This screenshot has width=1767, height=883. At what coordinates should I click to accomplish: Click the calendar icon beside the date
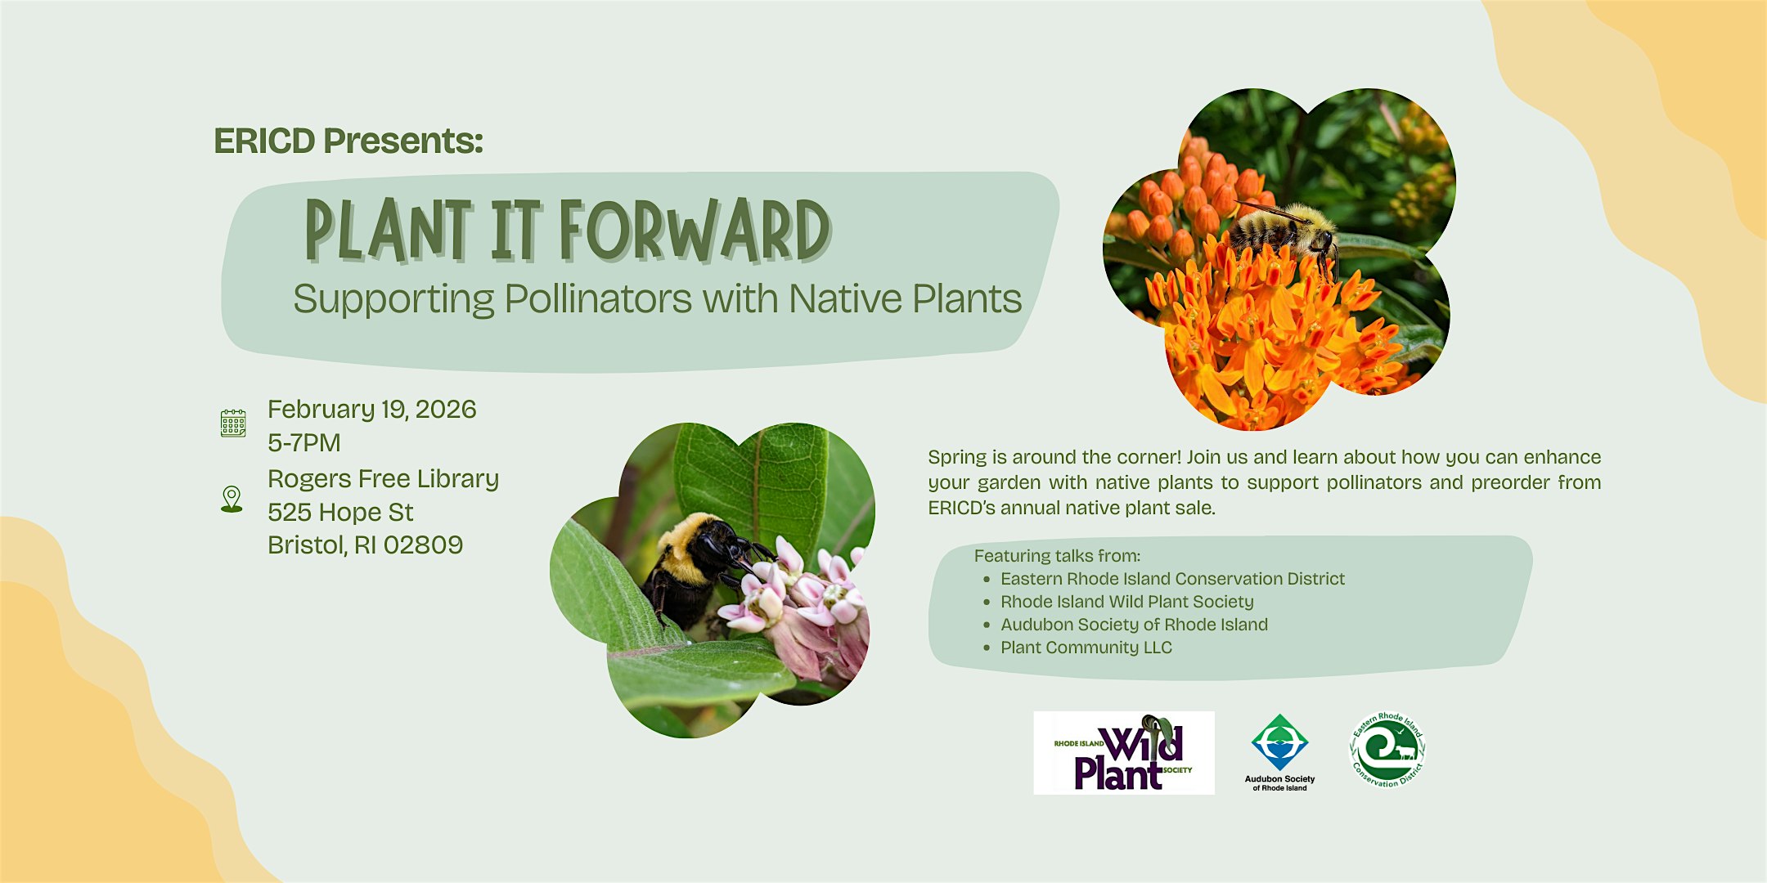pyautogui.click(x=233, y=423)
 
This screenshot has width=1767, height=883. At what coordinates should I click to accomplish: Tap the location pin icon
pyautogui.click(x=232, y=499)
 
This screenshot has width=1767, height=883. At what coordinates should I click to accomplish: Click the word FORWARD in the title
pyautogui.click(x=695, y=231)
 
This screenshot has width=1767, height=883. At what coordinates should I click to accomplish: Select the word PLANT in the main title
pyautogui.click(x=389, y=231)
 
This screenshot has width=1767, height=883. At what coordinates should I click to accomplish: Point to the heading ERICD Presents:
pyautogui.click(x=348, y=141)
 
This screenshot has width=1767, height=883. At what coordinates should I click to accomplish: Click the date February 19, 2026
pyautogui.click(x=372, y=409)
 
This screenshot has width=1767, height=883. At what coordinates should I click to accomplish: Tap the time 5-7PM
pyautogui.click(x=304, y=442)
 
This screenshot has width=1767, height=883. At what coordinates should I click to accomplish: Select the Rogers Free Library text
pyautogui.click(x=384, y=479)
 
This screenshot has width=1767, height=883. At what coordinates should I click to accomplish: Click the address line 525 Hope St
pyautogui.click(x=340, y=512)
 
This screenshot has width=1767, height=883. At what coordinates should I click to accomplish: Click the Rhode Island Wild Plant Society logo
pyautogui.click(x=1124, y=753)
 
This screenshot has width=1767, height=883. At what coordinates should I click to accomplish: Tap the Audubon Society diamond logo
pyautogui.click(x=1279, y=742)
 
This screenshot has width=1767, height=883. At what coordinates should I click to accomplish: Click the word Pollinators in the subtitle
pyautogui.click(x=599, y=298)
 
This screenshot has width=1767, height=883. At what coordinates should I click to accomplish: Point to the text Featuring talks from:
pyautogui.click(x=1057, y=556)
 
